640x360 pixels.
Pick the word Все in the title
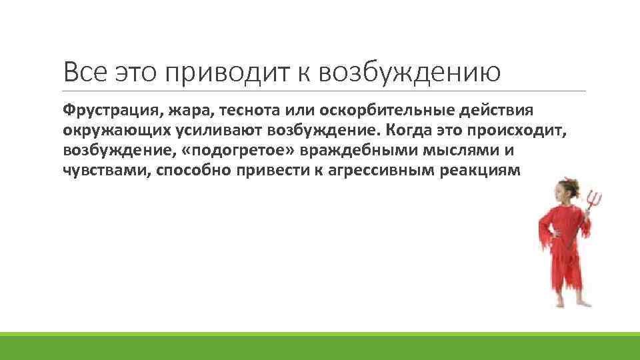[85, 71]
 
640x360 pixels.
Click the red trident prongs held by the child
[594, 197]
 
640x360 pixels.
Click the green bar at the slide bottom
[320, 346]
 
